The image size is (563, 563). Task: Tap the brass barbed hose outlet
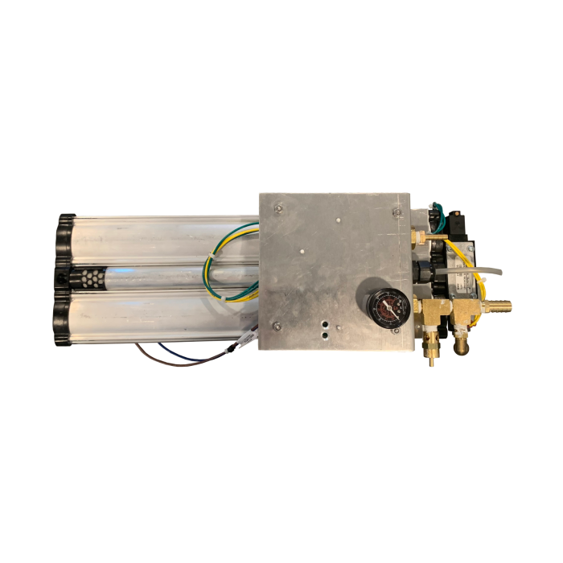[x=499, y=306]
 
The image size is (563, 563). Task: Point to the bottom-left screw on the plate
[x=276, y=326]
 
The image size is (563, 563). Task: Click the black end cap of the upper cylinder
[x=64, y=238]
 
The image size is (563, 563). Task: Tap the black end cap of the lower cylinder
[x=61, y=321]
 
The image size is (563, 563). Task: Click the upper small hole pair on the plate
[x=325, y=320]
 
